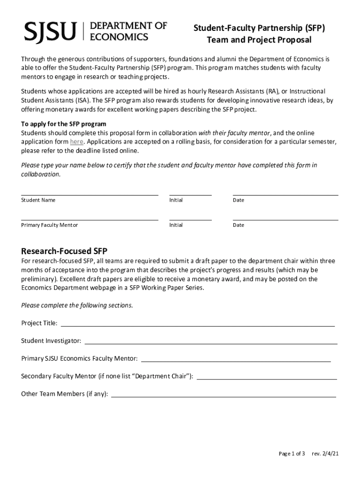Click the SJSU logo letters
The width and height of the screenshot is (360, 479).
[x=50, y=31]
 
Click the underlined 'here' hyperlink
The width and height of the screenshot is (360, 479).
[x=77, y=142]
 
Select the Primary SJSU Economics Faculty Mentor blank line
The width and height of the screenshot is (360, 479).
[x=236, y=361]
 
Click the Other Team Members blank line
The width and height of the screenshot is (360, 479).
[x=223, y=396]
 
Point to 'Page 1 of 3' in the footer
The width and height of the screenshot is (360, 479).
[x=292, y=454]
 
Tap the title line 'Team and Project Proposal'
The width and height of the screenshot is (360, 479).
[x=259, y=40]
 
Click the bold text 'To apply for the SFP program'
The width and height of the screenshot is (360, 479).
[x=64, y=124]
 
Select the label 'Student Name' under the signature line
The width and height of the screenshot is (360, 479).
[x=38, y=200]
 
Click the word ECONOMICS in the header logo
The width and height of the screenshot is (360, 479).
[x=119, y=36]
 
